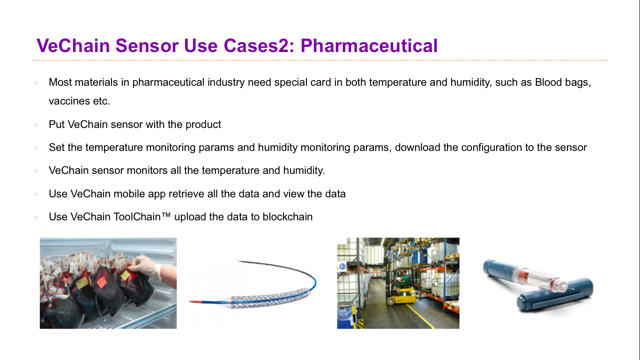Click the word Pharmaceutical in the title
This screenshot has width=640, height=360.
[369, 46]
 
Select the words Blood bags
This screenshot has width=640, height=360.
[563, 82]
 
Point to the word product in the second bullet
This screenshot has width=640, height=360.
[203, 125]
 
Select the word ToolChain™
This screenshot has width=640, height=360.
[142, 217]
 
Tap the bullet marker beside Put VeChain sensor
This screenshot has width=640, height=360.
[36, 125]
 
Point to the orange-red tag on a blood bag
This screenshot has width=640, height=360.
[101, 282]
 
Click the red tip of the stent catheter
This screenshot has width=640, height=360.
[196, 302]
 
